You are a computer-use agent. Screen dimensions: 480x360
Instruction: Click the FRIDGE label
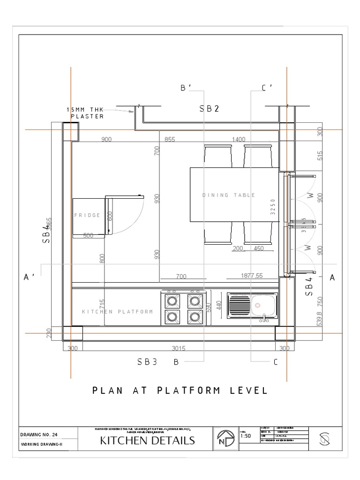[x=87, y=215]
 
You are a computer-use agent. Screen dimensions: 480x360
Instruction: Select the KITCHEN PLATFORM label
[x=117, y=311]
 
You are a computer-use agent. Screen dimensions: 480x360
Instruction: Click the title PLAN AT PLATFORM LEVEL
[x=180, y=390]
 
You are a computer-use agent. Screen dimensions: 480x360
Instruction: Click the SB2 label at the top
[x=210, y=109]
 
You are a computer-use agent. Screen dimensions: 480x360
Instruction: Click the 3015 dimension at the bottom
[x=180, y=348]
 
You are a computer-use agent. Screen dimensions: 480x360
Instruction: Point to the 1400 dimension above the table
[x=239, y=139]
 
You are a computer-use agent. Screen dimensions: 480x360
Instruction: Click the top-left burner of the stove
[x=172, y=300]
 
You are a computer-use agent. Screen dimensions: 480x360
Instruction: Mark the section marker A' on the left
[x=30, y=277]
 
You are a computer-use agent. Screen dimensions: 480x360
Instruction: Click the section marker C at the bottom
[x=276, y=362]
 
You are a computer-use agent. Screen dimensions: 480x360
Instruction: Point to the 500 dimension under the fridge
[x=89, y=236]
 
